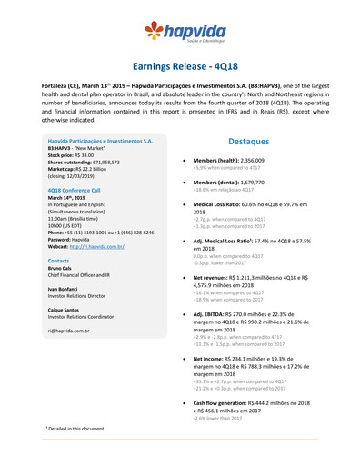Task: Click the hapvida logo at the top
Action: (x=179, y=35)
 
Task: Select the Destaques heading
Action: (x=247, y=143)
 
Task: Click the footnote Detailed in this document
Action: (x=78, y=427)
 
